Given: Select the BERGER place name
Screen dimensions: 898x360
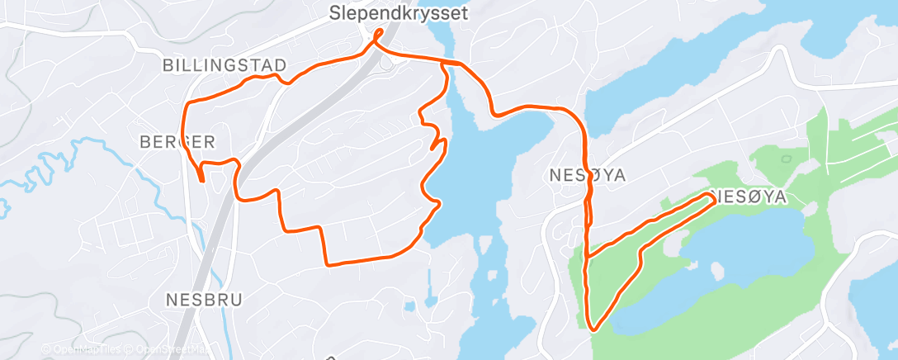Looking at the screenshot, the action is pos(177,141).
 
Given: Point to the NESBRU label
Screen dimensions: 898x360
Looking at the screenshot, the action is pos(204,299).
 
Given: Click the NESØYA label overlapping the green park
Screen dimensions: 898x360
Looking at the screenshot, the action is pos(745,197).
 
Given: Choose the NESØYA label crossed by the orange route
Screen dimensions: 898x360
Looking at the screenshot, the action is pos(587,175).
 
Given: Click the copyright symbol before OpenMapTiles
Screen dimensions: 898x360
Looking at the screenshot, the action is pos(46,349).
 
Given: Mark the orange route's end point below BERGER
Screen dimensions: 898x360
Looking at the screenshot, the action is pos(202,178).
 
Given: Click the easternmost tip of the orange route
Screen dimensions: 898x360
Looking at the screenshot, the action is pos(714,198).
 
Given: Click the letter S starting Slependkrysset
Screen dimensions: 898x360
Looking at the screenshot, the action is pos(333,13).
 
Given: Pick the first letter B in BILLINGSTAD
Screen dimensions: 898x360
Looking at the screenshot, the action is pos(168,65).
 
